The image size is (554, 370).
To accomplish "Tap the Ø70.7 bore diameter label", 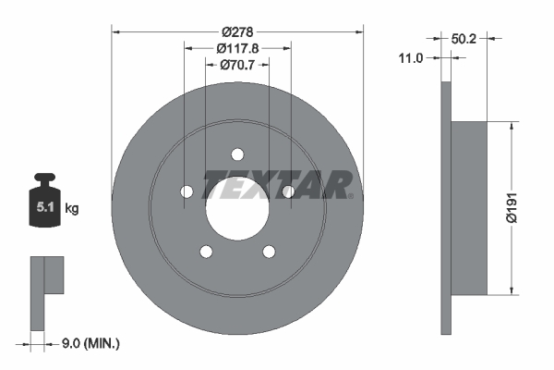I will pos(236,65).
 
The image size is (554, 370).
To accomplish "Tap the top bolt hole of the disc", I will pos(237,154).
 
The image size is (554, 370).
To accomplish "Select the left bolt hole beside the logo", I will pos(187,191).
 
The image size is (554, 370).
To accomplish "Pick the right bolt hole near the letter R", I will pos(288,191).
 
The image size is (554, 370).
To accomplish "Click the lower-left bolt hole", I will pos(206,251).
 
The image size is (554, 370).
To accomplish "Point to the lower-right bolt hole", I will pos(269,251).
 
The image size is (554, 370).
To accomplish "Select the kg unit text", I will pos(72,209).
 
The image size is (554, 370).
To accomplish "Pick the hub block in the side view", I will pos(469,208).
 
